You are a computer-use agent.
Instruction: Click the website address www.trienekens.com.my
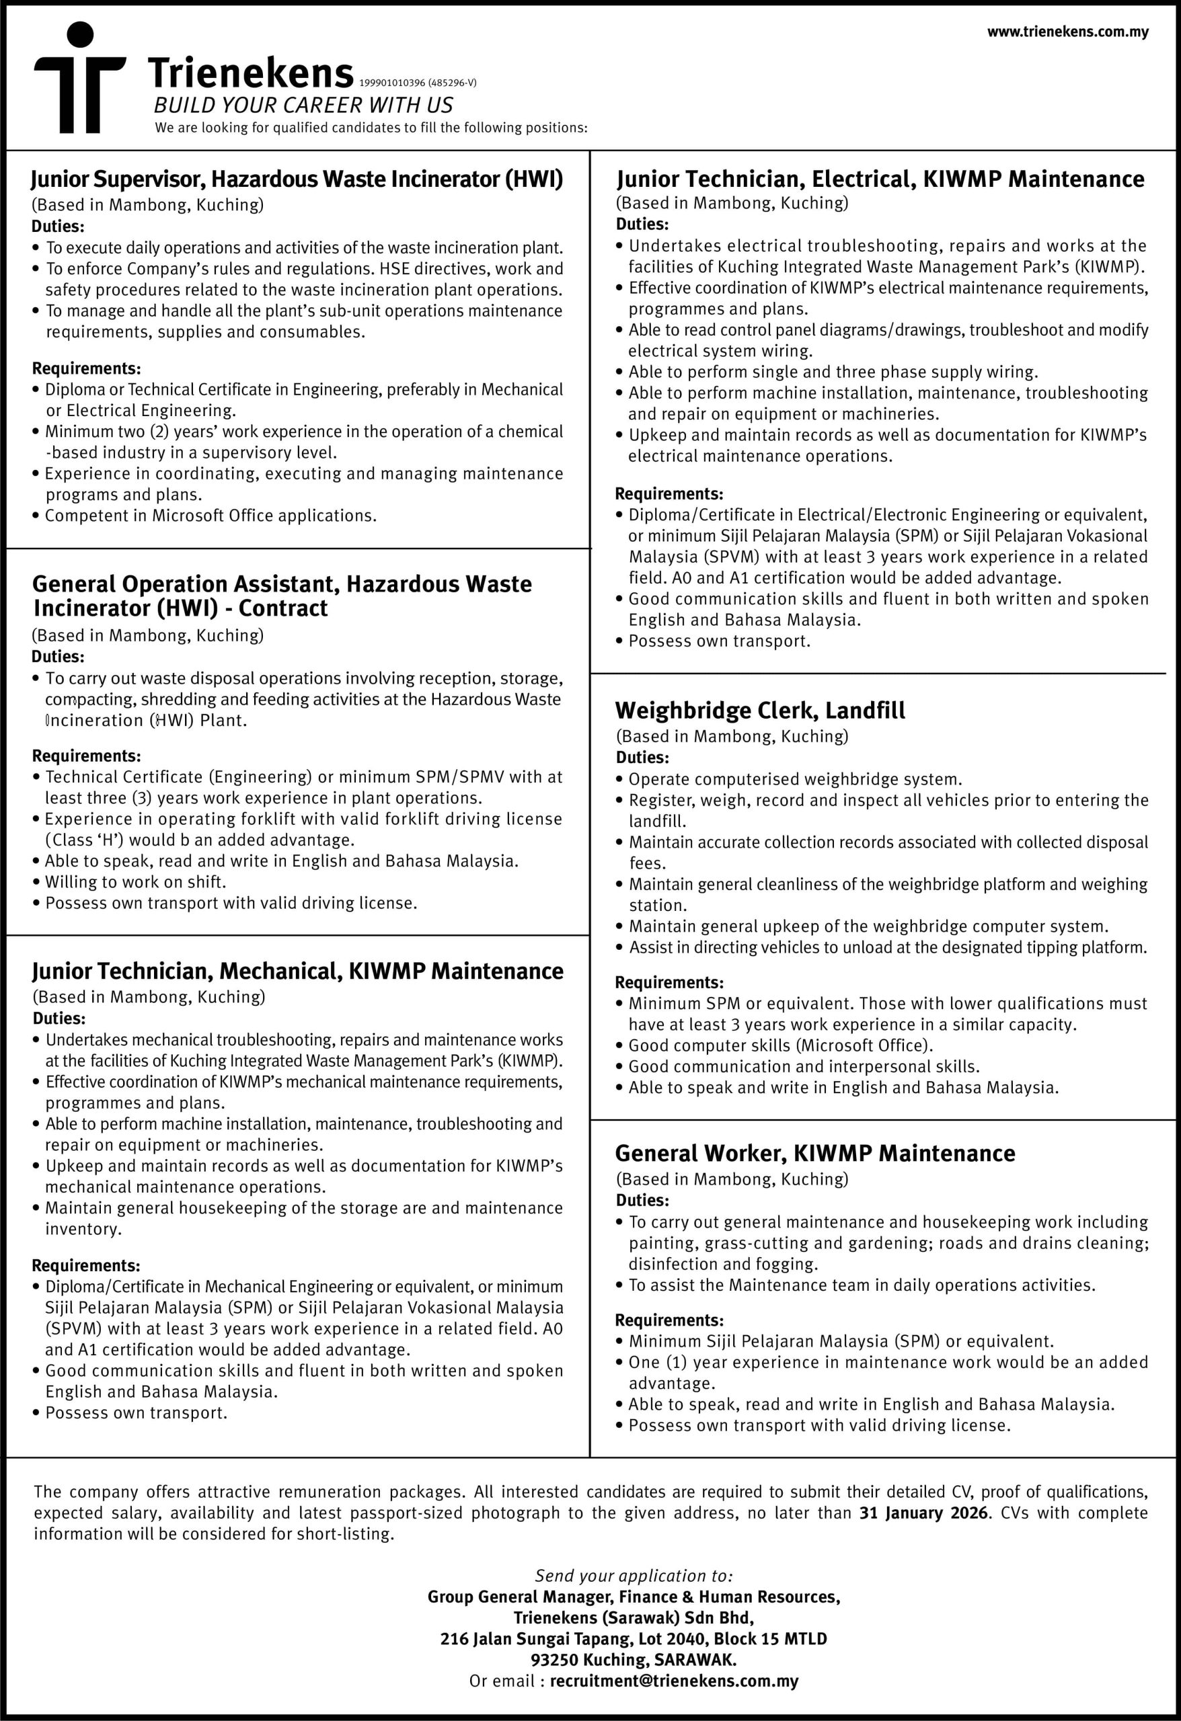click(1067, 32)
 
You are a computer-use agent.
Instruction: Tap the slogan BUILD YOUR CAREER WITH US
click(303, 105)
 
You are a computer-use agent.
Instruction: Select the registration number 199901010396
click(392, 83)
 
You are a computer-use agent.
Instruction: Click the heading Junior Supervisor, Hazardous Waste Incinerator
click(297, 179)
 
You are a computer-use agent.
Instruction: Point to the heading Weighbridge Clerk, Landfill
click(759, 711)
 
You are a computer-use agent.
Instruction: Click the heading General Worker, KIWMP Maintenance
click(815, 1153)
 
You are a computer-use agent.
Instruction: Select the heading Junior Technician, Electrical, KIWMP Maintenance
click(880, 179)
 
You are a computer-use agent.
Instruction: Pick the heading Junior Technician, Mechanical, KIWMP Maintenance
click(297, 971)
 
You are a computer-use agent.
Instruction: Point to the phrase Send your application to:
click(634, 1576)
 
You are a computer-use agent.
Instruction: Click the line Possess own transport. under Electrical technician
click(719, 641)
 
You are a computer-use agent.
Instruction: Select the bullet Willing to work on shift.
click(135, 882)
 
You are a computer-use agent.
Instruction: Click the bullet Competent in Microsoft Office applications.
click(211, 516)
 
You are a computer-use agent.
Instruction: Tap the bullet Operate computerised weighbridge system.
click(795, 779)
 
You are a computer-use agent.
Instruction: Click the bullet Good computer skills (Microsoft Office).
click(780, 1045)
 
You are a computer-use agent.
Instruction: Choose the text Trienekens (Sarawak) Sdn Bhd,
click(634, 1618)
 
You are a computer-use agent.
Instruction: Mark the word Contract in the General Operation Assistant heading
click(283, 608)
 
